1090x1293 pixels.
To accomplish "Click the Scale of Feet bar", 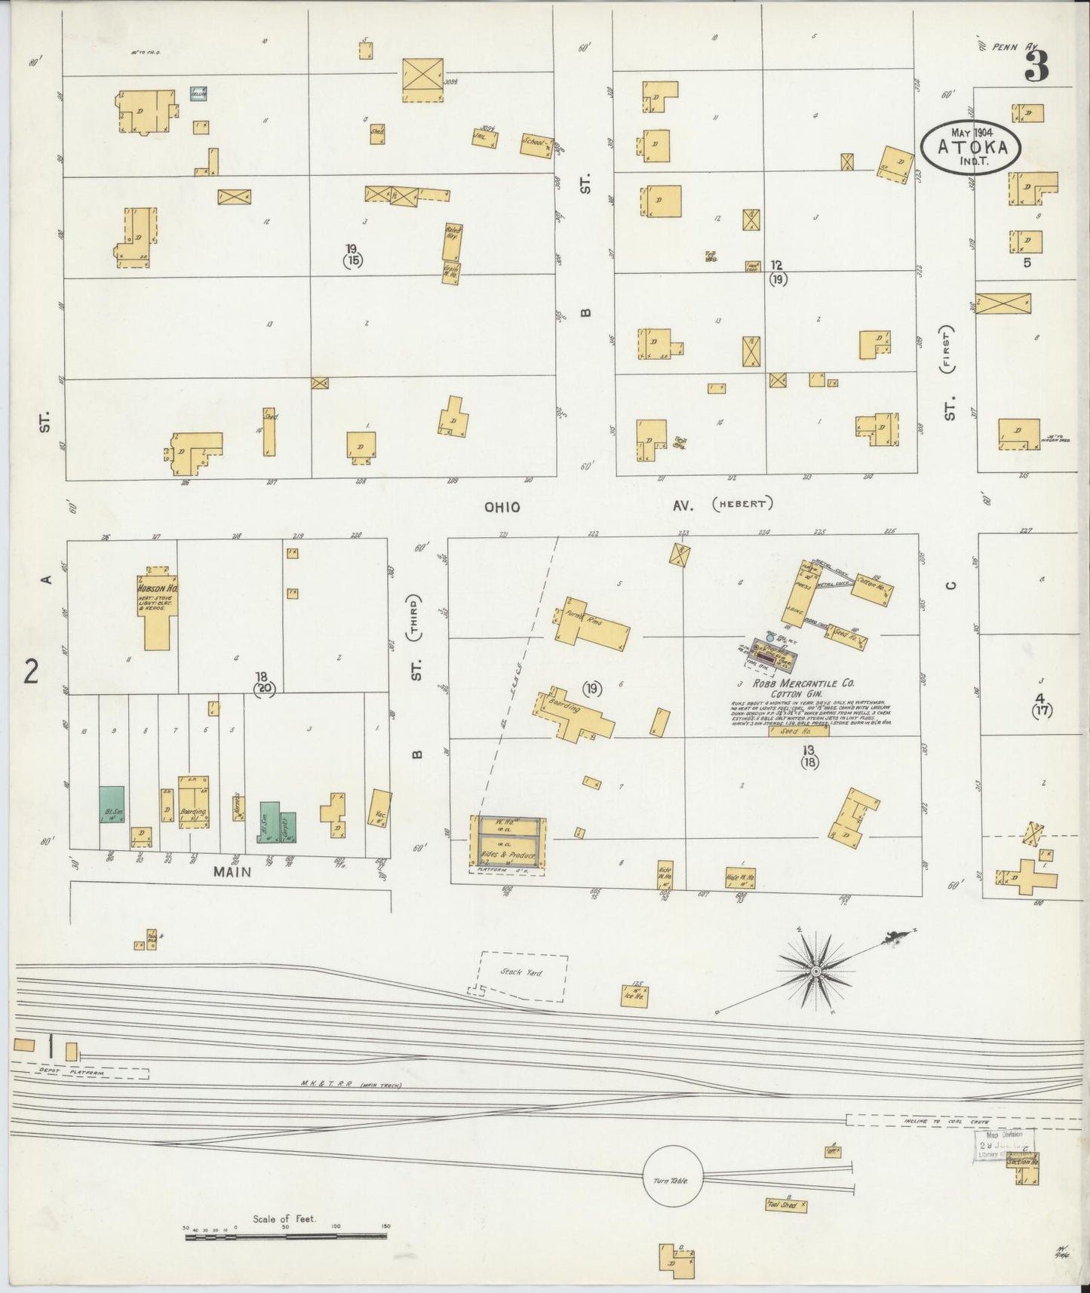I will pos(286,1236).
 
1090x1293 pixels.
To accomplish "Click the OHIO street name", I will pos(502,508).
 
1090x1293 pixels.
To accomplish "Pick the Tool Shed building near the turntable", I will pos(784,1205).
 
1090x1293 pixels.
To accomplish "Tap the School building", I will pos(536,145).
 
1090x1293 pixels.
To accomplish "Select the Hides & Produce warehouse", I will pos(508,855).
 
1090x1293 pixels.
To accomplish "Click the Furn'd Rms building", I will pos(594,625).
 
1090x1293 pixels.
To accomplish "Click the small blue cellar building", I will pos(198,94).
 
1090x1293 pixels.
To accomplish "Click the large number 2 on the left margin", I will pos(31,671).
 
